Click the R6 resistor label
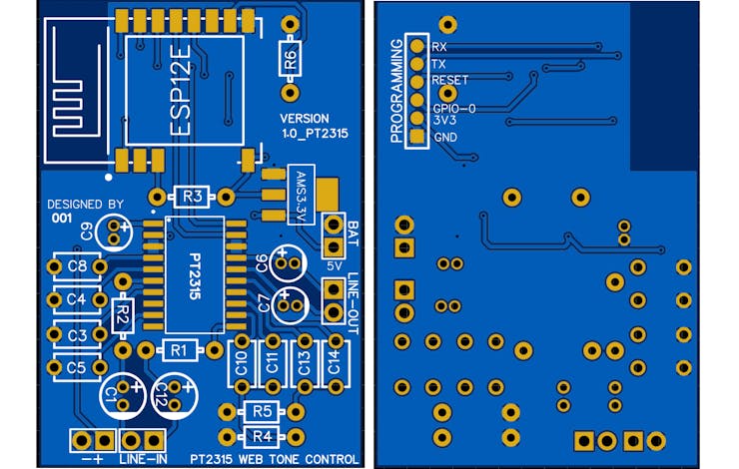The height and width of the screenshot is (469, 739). [x=291, y=59]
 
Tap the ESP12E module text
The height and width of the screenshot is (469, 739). [x=180, y=90]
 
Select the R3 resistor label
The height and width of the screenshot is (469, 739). [x=193, y=197]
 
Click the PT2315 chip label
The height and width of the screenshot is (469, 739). [x=195, y=276]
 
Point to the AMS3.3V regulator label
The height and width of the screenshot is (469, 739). [x=302, y=195]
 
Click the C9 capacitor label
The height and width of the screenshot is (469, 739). [x=87, y=232]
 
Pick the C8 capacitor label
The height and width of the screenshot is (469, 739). [x=77, y=266]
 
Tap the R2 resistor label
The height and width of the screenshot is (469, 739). [x=123, y=314]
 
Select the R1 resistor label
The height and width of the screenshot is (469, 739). [x=179, y=350]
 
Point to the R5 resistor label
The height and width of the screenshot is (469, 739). [x=262, y=411]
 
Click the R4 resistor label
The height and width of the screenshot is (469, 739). [x=262, y=436]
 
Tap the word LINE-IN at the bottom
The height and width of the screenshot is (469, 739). [x=143, y=459]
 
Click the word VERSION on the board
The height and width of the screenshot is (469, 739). [x=305, y=119]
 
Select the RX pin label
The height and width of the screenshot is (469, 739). [x=438, y=47]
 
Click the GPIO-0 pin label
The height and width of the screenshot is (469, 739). [x=454, y=109]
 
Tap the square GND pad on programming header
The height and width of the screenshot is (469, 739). [x=417, y=137]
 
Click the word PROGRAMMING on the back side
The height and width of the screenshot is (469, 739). [x=396, y=91]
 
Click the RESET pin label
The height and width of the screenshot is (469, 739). [x=450, y=80]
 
